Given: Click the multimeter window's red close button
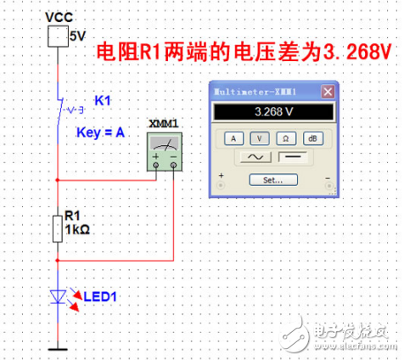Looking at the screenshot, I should coord(328,92).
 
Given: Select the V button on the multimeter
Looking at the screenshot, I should coord(259,137).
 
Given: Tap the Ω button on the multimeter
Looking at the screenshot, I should coord(286,137).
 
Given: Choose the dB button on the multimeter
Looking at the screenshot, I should coord(312,137).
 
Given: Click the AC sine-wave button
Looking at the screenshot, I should coord(255,158).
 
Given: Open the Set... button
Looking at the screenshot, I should coord(272,180).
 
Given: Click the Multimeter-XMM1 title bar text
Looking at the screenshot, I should coord(255,92).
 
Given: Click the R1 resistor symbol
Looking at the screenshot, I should coord(58,228).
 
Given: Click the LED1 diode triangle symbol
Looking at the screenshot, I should coord(58,296).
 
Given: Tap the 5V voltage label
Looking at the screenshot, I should coord(78,37).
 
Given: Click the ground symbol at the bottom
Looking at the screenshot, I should coord(58,346).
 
